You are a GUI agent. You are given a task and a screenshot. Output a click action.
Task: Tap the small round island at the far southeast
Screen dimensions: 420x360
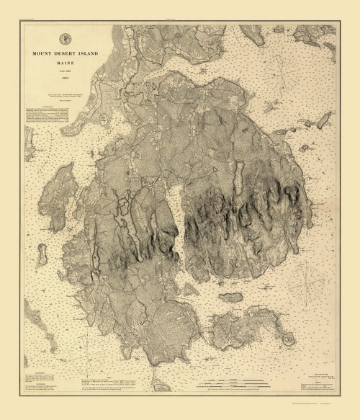point(291,338)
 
